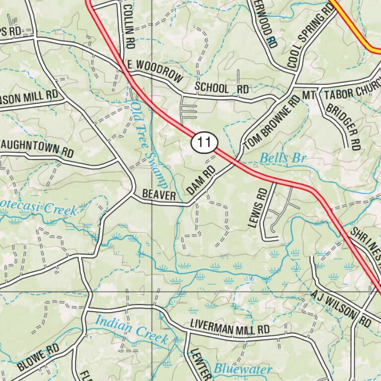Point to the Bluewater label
tap(243, 369)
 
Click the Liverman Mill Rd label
tap(230, 329)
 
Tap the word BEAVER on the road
tap(159, 196)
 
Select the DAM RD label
tap(201, 180)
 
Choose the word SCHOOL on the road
tap(212, 88)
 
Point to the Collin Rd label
tap(128, 25)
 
